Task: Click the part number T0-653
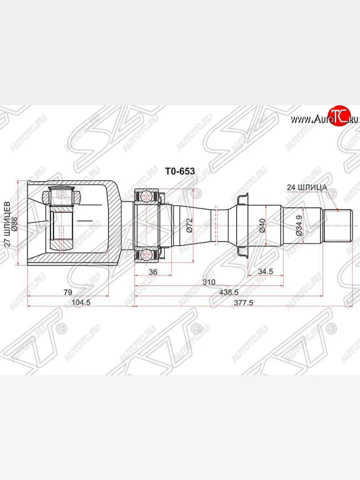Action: click(x=180, y=172)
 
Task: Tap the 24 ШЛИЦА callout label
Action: click(x=307, y=187)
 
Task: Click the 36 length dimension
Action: click(x=153, y=272)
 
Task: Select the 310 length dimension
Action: click(x=208, y=282)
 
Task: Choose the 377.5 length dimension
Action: click(x=243, y=303)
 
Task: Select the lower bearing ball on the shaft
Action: click(x=146, y=253)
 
